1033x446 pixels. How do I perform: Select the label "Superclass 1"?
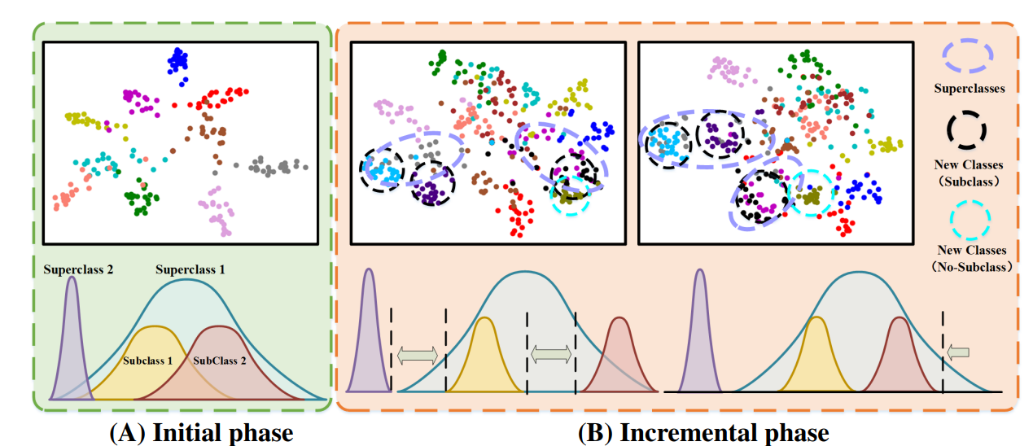point(189,268)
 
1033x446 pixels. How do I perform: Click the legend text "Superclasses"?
point(969,88)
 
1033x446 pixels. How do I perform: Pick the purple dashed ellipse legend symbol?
point(969,55)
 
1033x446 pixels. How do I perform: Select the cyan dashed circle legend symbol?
point(967,217)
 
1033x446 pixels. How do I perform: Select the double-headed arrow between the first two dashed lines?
point(418,354)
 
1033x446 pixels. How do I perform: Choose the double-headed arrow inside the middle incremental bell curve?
point(551,354)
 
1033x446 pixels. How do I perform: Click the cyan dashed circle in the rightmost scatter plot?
point(809,193)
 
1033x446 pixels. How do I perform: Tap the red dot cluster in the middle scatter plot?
point(519,215)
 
